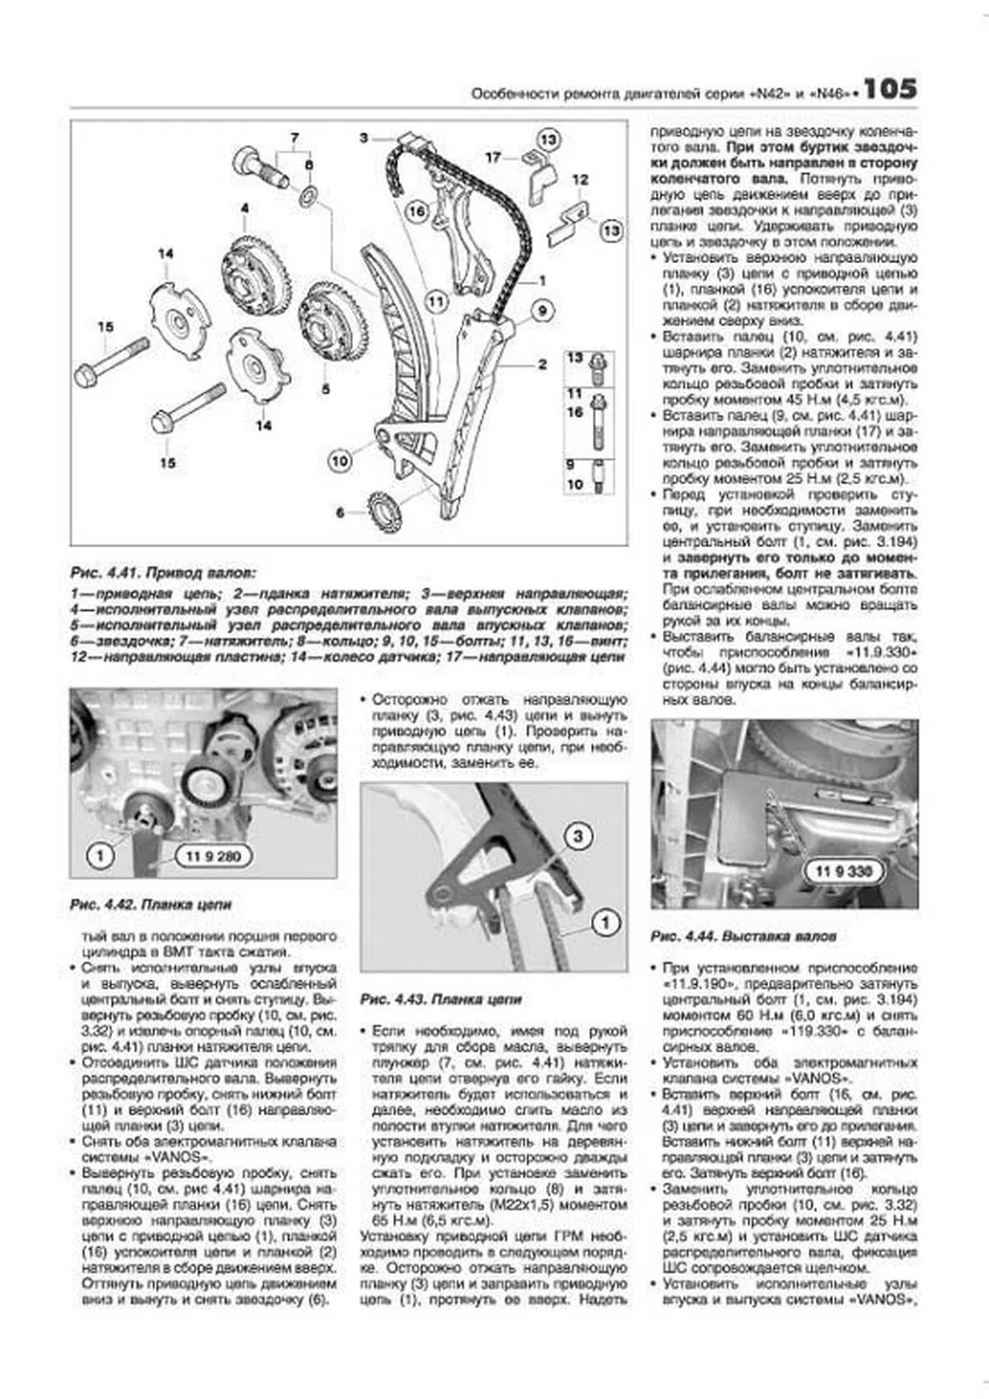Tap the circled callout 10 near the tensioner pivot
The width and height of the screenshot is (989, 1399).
click(340, 461)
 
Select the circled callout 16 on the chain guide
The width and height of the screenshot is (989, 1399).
click(417, 212)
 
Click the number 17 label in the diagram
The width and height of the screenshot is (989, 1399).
click(492, 157)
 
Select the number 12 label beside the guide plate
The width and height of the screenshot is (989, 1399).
click(580, 180)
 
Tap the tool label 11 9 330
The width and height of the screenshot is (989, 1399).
click(845, 871)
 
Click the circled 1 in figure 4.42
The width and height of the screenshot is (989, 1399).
click(101, 856)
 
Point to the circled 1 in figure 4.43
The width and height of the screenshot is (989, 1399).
click(605, 922)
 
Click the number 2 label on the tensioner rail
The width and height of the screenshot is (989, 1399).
click(542, 364)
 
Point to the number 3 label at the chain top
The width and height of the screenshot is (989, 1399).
click(363, 138)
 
